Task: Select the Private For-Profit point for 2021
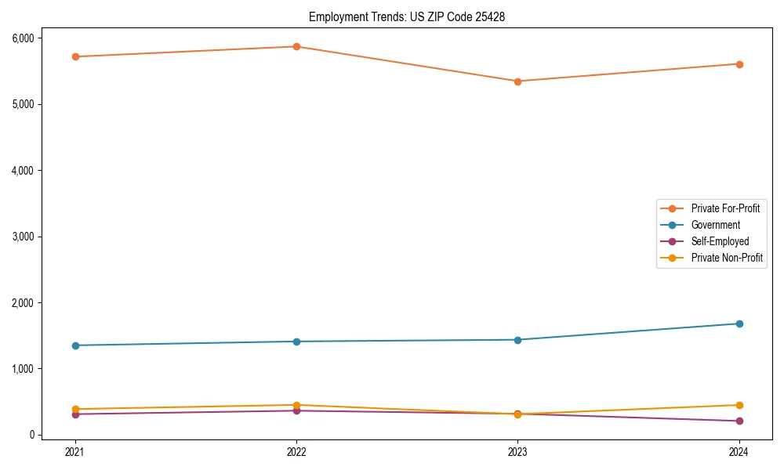[x=75, y=56]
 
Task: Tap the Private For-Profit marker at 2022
[x=296, y=46]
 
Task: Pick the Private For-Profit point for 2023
[x=517, y=81]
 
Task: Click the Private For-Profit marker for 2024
[x=739, y=64]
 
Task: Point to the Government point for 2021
[x=75, y=345]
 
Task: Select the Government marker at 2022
[x=296, y=342]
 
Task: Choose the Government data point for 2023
[x=517, y=340]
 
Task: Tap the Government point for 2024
[x=739, y=324]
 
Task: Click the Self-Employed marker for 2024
[x=739, y=421]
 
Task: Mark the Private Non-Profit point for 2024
[x=739, y=405]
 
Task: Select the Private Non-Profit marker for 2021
[x=75, y=409]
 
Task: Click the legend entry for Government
[x=715, y=225]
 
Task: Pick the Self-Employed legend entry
[x=720, y=241]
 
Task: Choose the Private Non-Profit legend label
[x=727, y=258]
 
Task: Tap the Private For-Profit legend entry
[x=725, y=208]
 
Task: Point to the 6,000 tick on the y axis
[x=22, y=38]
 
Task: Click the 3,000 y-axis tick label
[x=22, y=237]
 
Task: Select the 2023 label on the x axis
[x=517, y=451]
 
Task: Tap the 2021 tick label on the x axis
[x=75, y=451]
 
